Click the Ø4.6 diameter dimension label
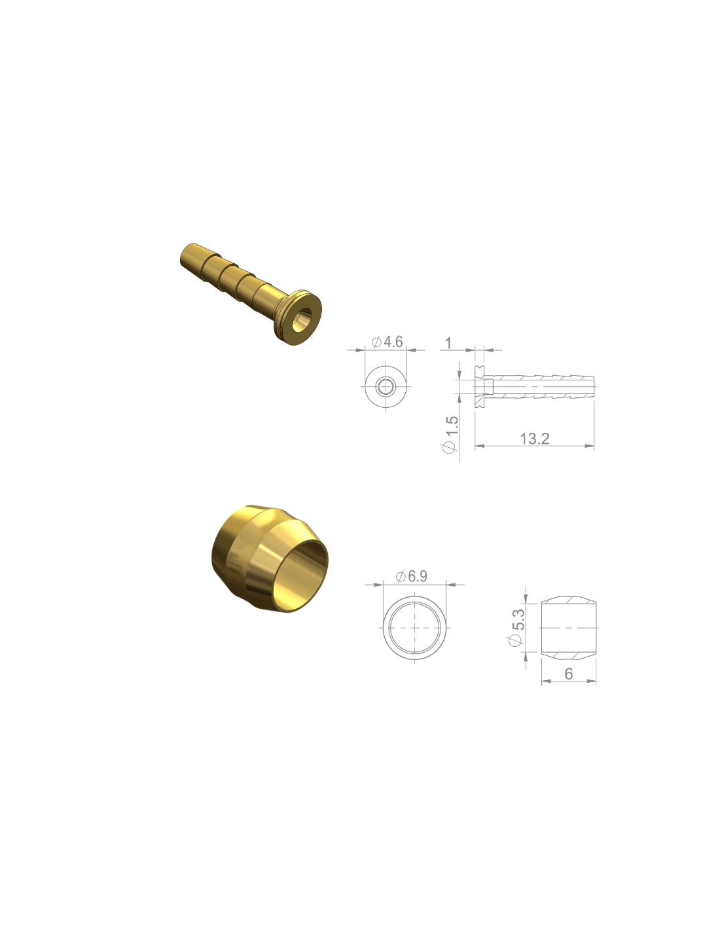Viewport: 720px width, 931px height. (387, 342)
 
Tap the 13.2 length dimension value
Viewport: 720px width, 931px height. (534, 439)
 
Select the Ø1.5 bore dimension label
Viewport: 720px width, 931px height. (449, 435)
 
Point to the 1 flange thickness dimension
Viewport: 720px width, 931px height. (448, 343)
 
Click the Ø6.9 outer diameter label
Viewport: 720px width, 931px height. (411, 576)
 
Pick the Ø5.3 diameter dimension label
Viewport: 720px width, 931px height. (515, 627)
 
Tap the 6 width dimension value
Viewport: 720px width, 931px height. (568, 674)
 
